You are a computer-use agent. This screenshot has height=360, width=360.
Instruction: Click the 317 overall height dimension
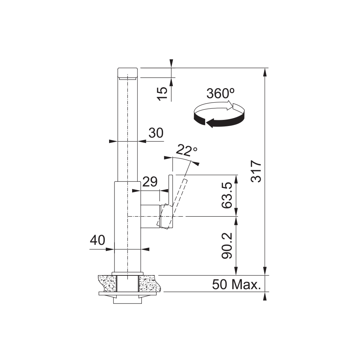click(x=256, y=171)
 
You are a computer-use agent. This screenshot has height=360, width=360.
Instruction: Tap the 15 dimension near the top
click(x=162, y=94)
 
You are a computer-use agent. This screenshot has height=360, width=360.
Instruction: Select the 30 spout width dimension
click(x=156, y=133)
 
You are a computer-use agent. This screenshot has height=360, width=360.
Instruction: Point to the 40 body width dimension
click(x=97, y=240)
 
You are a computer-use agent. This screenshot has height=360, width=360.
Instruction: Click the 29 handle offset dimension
click(x=150, y=181)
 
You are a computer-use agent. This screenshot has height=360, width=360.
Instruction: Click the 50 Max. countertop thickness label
click(x=237, y=284)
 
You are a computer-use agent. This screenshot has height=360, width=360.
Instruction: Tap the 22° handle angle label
click(x=186, y=150)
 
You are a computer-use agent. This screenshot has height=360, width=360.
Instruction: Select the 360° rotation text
click(x=220, y=94)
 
